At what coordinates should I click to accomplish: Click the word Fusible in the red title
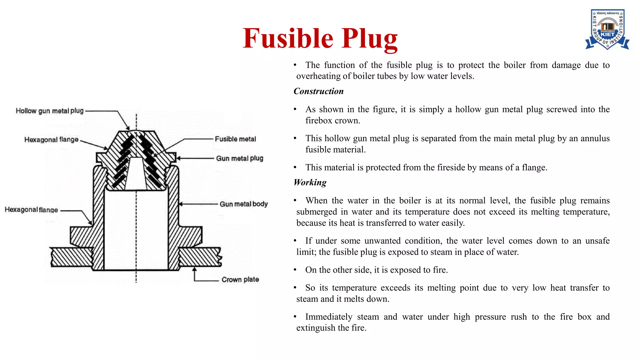288,38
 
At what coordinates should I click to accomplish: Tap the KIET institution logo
607,29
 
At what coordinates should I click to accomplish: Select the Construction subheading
318,91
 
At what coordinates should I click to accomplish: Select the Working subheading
310,182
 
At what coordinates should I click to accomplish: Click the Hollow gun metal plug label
50,111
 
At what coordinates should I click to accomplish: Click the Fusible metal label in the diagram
235,139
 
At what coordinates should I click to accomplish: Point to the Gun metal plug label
239,158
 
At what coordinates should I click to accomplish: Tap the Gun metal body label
243,204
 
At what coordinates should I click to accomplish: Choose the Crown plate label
240,279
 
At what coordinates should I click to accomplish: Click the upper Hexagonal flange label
51,140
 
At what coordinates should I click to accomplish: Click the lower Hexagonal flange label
31,210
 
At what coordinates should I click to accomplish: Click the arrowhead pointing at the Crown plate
194,269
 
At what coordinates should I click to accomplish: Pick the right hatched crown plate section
199,257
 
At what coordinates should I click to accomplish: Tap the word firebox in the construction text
316,121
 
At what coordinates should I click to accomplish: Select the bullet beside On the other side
295,270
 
